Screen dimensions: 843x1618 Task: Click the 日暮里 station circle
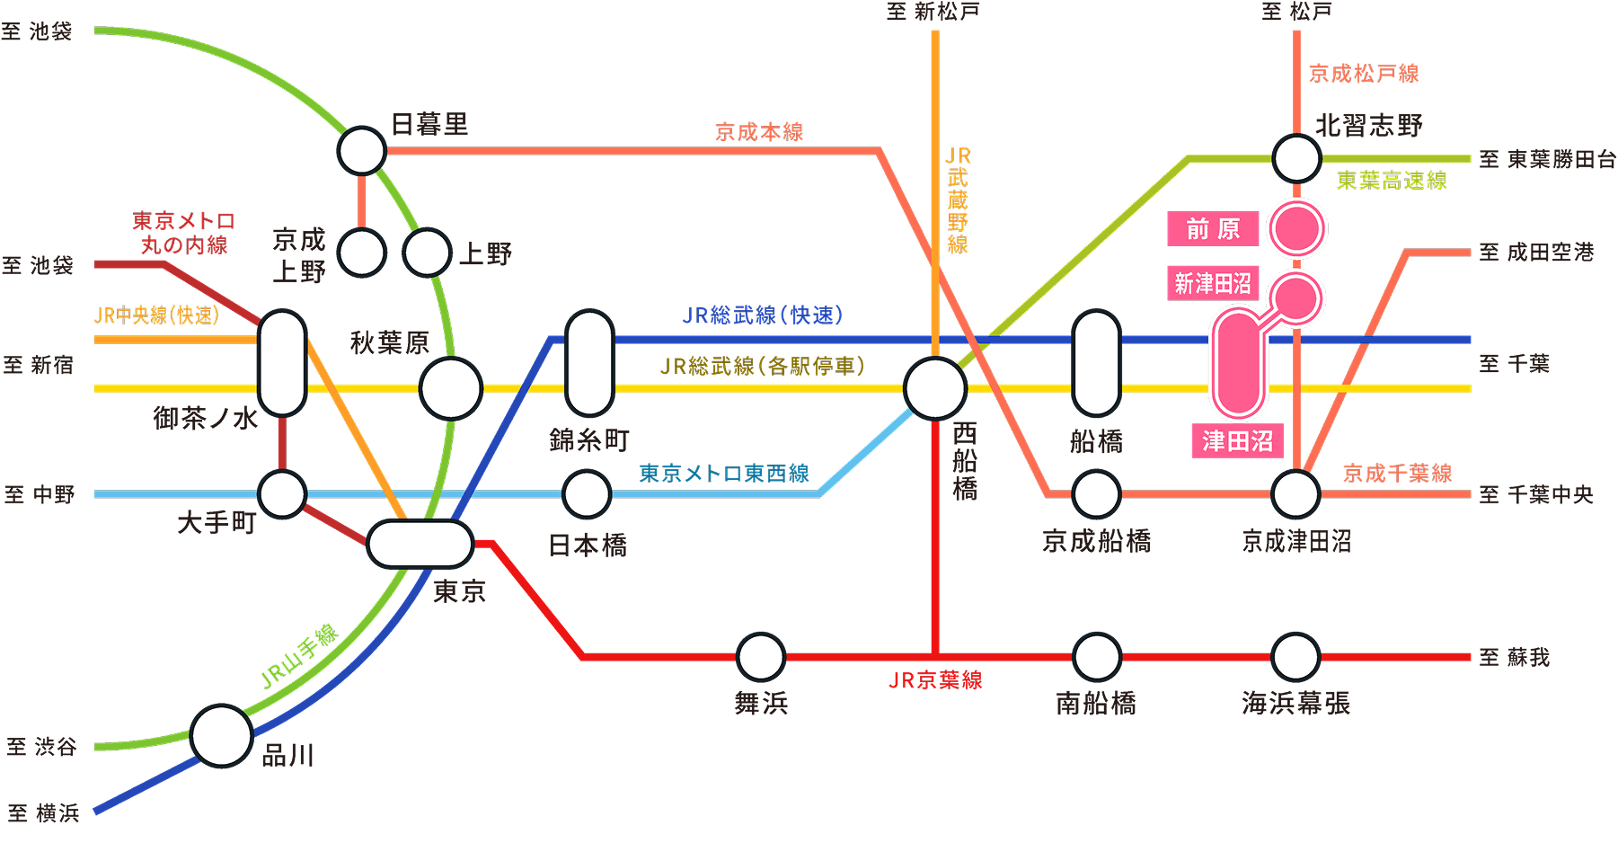[x=361, y=151]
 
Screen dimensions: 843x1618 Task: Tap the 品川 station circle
[x=221, y=736]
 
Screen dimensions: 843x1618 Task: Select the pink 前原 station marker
[x=1296, y=229]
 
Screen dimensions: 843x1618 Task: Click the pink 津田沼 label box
[x=1237, y=440]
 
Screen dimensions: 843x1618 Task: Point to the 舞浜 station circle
[x=760, y=657]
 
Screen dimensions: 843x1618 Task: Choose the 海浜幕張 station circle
[x=1295, y=657]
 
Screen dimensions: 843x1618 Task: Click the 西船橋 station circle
[x=934, y=388]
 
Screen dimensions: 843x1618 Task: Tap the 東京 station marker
[x=420, y=544]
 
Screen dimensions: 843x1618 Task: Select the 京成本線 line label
[x=759, y=132]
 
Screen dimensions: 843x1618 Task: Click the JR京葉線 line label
[x=935, y=680]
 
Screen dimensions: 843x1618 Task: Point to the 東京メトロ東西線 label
[x=724, y=474]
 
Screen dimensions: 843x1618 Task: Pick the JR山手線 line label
[x=298, y=657]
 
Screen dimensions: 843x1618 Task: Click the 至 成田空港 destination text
[x=1536, y=253]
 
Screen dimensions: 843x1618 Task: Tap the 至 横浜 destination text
[x=43, y=813]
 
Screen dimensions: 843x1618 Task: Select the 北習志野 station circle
[x=1296, y=158]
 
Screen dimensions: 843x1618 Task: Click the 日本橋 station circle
[x=587, y=494]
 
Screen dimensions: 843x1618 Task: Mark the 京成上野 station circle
[x=362, y=253]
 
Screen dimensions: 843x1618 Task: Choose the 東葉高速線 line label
[x=1392, y=181]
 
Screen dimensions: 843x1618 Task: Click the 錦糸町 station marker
[x=589, y=363]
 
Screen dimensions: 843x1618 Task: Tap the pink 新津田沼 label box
[x=1213, y=283]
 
